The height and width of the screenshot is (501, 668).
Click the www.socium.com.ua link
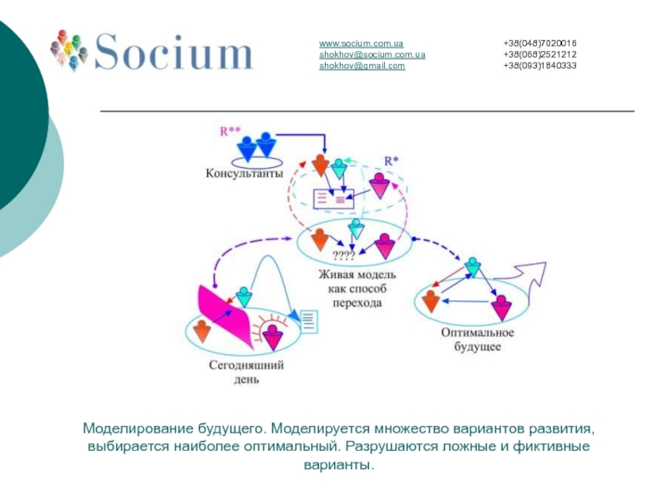point(361,43)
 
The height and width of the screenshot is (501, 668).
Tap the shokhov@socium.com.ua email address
point(372,54)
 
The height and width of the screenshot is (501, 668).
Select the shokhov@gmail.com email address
point(362,66)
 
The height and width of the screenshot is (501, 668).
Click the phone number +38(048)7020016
point(539,43)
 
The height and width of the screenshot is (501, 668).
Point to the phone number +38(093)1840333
point(539,66)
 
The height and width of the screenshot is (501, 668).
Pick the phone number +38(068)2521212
point(539,54)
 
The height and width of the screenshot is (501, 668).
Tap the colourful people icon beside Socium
point(69,49)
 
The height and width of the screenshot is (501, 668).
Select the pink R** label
point(230,131)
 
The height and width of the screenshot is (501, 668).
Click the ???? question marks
point(344,256)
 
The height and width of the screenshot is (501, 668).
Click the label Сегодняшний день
point(246,372)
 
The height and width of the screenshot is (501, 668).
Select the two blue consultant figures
point(256,145)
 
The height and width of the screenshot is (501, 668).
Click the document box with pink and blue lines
point(333,199)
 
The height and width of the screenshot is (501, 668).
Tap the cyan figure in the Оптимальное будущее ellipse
point(473,267)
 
